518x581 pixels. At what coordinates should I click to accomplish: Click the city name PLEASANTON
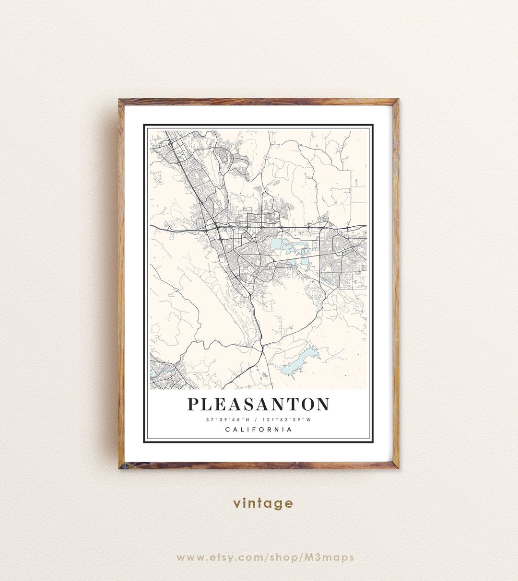(258, 404)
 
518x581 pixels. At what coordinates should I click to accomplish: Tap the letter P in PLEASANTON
(193, 404)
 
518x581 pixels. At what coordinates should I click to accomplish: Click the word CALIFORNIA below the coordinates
(259, 430)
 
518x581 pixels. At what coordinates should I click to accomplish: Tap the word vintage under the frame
(263, 503)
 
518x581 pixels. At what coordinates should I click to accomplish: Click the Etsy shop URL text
(265, 558)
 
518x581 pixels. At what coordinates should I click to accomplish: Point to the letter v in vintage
(237, 503)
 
